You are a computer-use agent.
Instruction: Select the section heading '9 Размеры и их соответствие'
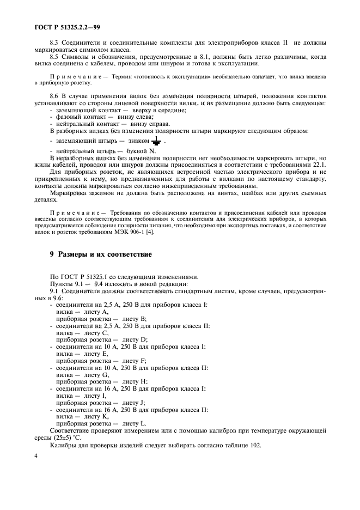click(x=97, y=254)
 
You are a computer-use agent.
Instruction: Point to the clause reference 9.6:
click(x=57, y=297)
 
